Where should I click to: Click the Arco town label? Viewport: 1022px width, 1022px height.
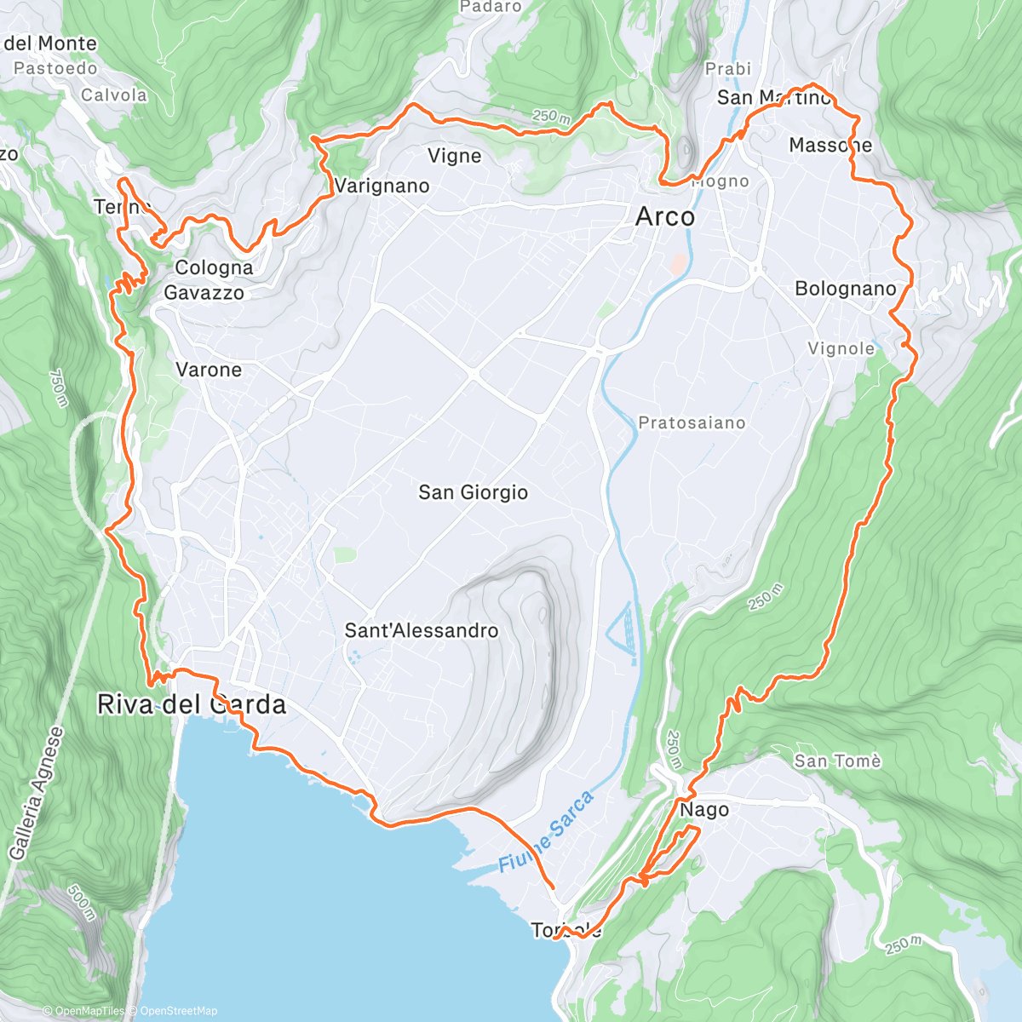(x=665, y=217)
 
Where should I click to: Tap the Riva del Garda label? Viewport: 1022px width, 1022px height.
(x=192, y=705)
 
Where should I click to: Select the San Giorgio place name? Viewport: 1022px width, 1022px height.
(x=473, y=492)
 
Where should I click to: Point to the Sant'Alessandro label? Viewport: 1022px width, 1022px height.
(x=422, y=631)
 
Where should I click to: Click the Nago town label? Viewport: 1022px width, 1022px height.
(x=704, y=810)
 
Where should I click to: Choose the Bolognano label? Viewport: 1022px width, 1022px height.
(x=846, y=289)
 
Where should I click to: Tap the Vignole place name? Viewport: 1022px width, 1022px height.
(x=841, y=348)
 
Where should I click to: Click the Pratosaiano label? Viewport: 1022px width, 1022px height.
(x=692, y=422)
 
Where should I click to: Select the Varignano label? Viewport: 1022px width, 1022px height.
(x=382, y=186)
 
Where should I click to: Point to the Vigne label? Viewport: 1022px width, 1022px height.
(x=455, y=156)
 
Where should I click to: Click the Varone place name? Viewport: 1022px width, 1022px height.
(x=209, y=370)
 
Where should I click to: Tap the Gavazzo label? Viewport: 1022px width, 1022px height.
(x=204, y=293)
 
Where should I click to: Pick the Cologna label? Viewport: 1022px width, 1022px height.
(x=214, y=268)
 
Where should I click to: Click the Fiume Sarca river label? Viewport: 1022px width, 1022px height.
(x=545, y=832)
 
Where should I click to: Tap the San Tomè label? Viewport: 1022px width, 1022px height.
(x=837, y=761)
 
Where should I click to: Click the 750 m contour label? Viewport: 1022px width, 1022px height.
(x=58, y=388)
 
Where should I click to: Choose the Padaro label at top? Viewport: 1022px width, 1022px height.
(x=491, y=7)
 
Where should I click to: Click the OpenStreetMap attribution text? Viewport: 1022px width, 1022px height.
(x=178, y=1011)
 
